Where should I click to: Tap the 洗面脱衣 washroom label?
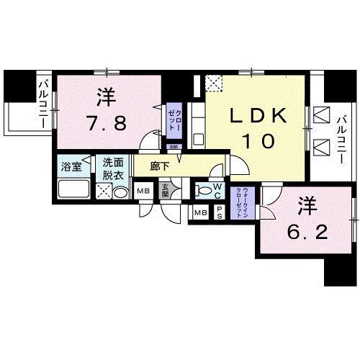coord(113,168)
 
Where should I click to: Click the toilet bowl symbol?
coord(205,192)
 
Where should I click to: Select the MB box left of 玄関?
coord(143,191)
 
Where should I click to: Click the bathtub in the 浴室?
coord(72,191)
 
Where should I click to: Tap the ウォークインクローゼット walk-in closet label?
coord(244,201)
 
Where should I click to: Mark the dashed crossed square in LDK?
coord(213,83)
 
